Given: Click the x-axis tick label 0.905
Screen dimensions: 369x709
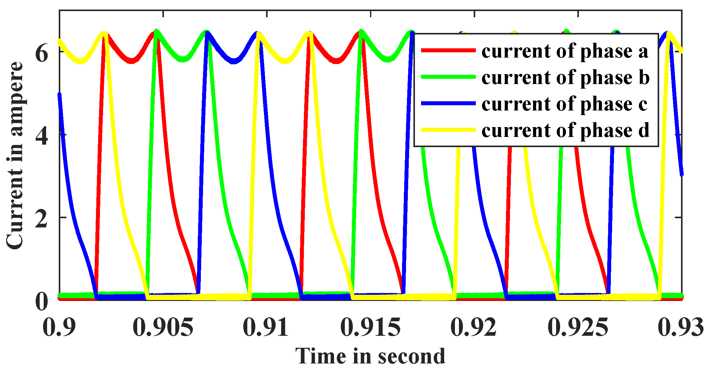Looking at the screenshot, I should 163,327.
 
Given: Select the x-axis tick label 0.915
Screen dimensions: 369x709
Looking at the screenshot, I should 371,327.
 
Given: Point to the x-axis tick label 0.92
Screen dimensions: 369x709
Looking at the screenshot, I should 474,327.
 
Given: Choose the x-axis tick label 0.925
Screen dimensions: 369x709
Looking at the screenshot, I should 578,327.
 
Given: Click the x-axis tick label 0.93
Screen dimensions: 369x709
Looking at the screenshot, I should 681,327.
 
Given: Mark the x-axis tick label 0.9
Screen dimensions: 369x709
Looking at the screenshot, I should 59,327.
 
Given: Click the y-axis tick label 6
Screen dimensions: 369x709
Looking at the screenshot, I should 42,54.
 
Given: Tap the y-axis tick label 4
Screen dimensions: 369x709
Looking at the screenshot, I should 42,136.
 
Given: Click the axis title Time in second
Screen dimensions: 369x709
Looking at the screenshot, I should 370,356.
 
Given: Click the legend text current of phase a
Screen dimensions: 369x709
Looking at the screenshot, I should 565,51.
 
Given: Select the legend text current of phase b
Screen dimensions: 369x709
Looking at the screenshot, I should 565,77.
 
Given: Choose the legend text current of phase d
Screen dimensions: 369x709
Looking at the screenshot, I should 565,130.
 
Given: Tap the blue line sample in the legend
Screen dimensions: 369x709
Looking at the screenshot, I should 448,103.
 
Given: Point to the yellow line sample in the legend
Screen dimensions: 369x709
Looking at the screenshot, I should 448,130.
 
